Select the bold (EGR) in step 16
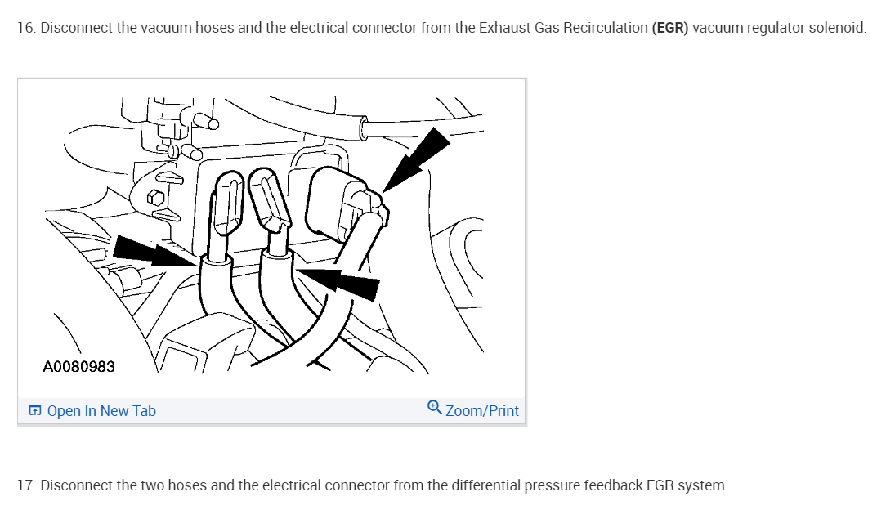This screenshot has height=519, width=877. tap(670, 28)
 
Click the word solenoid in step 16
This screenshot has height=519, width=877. tap(837, 28)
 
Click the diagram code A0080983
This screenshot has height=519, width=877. tap(78, 366)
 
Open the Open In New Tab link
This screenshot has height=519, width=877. tap(101, 411)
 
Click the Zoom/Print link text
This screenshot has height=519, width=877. tap(481, 411)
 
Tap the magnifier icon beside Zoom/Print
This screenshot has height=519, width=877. tap(435, 409)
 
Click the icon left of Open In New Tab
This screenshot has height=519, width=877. tap(35, 411)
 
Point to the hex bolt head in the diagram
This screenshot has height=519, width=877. tap(151, 199)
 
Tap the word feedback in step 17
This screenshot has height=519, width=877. tap(613, 485)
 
